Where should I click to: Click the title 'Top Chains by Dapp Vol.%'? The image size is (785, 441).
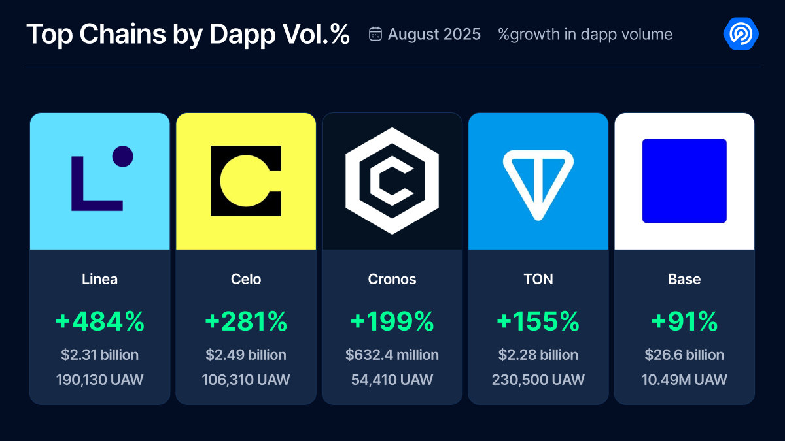[188, 35]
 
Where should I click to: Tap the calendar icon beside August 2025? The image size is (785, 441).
[375, 34]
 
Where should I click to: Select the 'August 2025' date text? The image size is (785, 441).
[434, 34]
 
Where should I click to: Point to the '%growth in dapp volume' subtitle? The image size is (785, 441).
[585, 34]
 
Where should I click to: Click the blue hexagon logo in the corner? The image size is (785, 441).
[741, 34]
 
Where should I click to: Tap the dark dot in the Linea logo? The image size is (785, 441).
[122, 156]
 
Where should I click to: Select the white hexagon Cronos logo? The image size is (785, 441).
[392, 181]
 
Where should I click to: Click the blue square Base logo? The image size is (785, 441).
[684, 181]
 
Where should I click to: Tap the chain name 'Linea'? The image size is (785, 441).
[100, 279]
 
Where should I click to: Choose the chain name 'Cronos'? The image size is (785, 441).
[392, 279]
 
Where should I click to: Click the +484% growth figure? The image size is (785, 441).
[100, 321]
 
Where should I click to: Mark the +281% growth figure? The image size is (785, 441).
[246, 321]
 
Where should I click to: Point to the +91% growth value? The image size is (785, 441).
[684, 321]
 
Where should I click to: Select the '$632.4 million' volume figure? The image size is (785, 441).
[392, 355]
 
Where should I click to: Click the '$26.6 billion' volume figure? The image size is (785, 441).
[684, 355]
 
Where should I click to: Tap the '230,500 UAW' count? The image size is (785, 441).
[538, 380]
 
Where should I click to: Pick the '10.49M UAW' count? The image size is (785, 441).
[684, 380]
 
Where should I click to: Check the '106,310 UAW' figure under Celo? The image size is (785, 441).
[246, 380]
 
